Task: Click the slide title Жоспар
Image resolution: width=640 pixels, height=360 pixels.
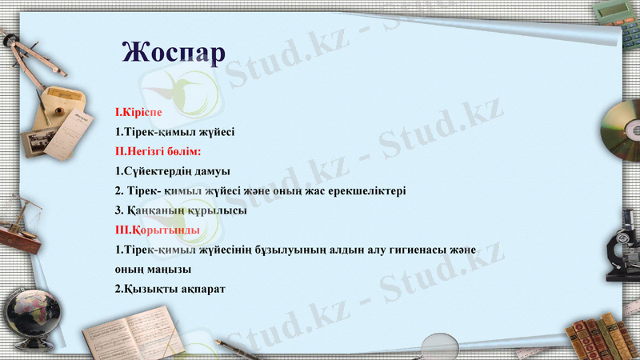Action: coord(174,50)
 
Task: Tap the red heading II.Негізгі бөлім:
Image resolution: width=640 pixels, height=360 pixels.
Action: coord(158,150)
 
